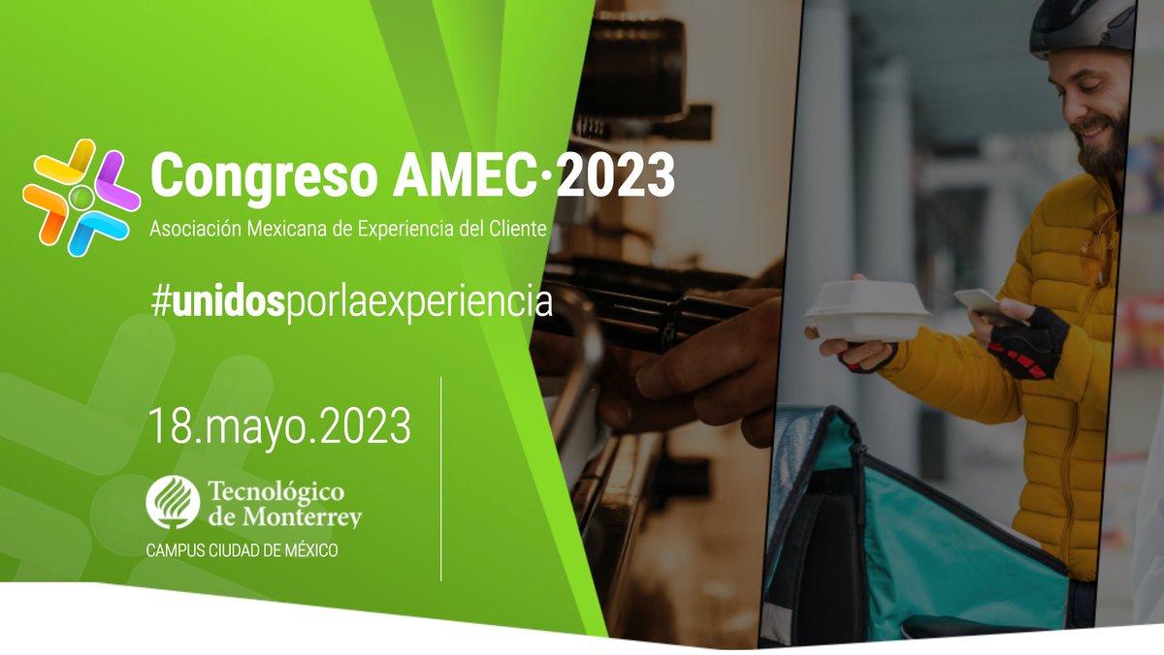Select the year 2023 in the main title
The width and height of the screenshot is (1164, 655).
(x=617, y=176)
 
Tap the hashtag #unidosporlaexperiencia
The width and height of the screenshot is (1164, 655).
(x=351, y=301)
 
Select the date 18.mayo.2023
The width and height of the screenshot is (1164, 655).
(x=279, y=427)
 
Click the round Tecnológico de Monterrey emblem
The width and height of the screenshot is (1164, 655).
(x=173, y=500)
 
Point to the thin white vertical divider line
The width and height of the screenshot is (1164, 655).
(x=441, y=480)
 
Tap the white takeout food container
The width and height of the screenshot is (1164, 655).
(x=865, y=310)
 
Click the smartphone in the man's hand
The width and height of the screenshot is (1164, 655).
(x=978, y=303)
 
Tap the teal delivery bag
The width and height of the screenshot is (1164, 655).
(x=931, y=543)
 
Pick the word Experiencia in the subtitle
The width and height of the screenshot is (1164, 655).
(x=406, y=230)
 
